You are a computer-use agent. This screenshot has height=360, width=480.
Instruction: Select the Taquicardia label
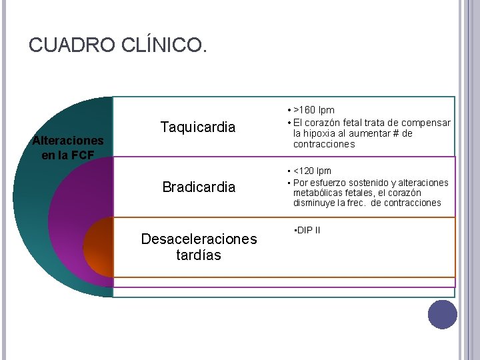[x=198, y=127]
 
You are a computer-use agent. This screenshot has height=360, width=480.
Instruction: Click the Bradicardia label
[x=199, y=187]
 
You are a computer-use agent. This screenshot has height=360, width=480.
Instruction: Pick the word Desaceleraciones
[x=199, y=239]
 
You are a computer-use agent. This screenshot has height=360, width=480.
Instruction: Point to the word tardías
[x=199, y=255]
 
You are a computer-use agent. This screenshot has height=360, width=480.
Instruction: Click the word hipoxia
[x=325, y=133]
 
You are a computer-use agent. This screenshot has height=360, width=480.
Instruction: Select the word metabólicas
[x=317, y=193]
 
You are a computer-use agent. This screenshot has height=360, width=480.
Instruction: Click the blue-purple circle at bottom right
[x=442, y=315]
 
